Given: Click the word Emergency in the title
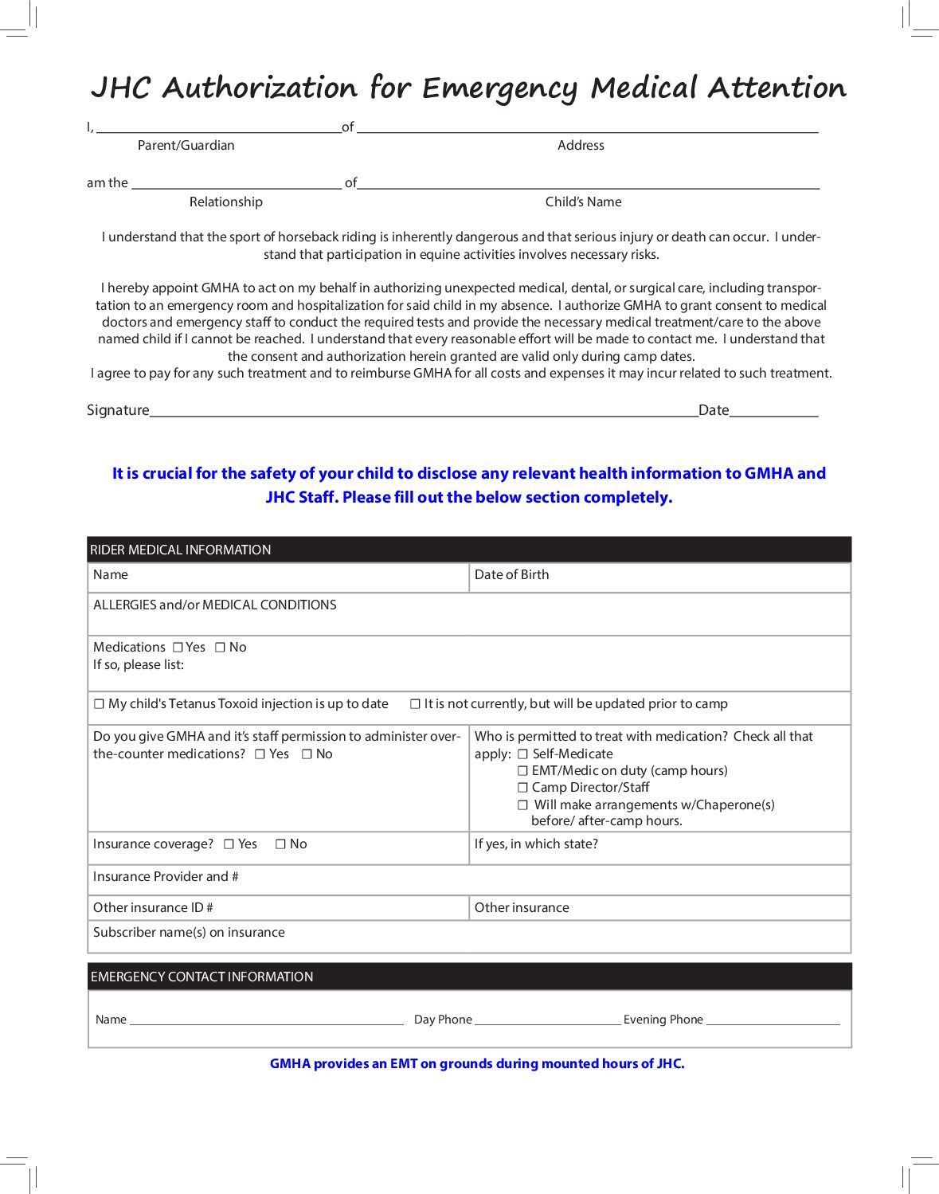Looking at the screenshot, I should [499, 88].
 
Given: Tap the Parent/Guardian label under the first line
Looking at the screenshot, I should [186, 145].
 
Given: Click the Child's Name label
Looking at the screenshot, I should [583, 202].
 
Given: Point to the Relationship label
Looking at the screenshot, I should [225, 202].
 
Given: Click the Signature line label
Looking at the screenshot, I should [118, 410].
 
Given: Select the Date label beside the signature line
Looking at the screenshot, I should [714, 410].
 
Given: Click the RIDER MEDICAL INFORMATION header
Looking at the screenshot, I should [181, 550].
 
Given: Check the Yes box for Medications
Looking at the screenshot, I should [178, 648].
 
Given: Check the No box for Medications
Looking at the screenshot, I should [220, 648].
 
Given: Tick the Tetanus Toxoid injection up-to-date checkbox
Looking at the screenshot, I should [100, 704].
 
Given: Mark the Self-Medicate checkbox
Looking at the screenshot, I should [522, 754].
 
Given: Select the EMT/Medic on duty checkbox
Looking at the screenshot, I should [522, 770].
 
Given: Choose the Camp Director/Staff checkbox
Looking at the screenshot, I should [522, 787].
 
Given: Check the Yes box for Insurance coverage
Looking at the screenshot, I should [229, 844].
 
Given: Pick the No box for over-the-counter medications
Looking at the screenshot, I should [307, 754].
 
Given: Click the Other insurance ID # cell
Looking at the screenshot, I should [278, 908].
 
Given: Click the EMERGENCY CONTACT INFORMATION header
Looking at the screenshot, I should [202, 977].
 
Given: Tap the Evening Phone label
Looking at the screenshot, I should [663, 1020].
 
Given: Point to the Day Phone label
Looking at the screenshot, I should [443, 1020].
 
